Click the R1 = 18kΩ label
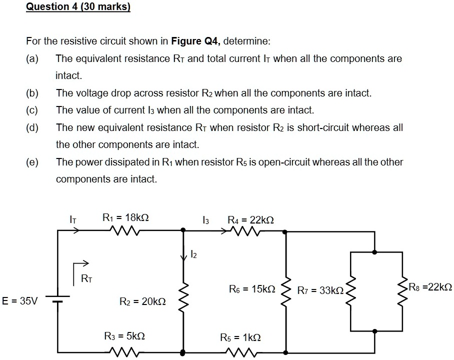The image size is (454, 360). coord(125,218)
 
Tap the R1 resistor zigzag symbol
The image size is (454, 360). coord(122,231)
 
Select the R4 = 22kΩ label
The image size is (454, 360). coord(250,220)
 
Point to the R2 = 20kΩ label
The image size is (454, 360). coord(142,301)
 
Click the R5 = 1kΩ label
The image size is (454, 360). coord(240,338)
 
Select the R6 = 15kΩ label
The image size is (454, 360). coord(252,289)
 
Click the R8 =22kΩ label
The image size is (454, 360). coord(430,287)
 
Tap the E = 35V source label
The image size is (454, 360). coord(19,301)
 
